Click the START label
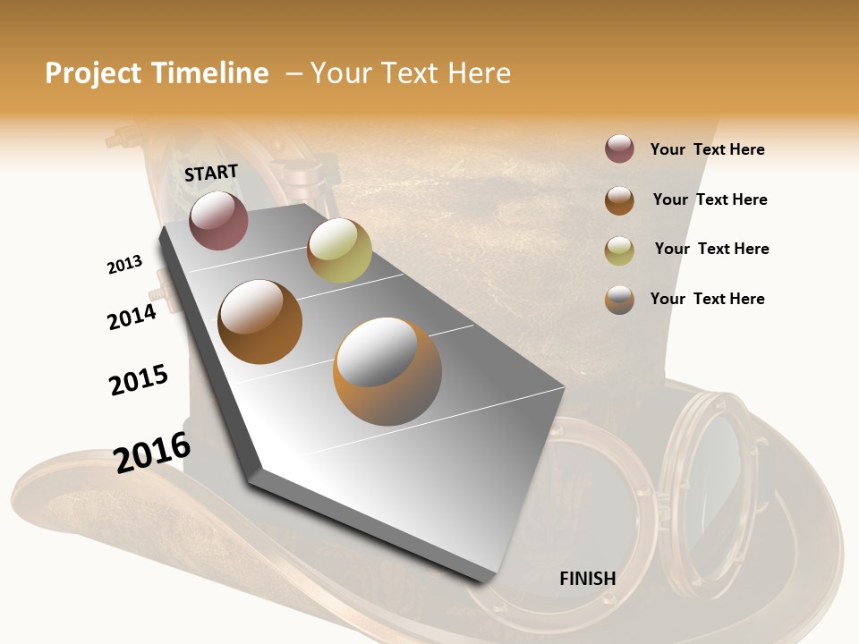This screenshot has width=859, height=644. coord(211,173)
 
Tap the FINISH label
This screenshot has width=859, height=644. coord(587,579)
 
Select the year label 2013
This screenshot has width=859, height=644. coord(124,265)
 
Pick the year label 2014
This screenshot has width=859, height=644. coord(132,317)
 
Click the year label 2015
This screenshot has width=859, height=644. coord(139,379)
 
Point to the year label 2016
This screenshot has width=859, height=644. coord(152,453)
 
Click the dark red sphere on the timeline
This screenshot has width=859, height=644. coord(218,220)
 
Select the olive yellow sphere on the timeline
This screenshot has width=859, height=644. coord(339,250)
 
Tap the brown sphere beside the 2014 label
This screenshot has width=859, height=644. coord(260,321)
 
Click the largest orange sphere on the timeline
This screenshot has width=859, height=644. coord(387,370)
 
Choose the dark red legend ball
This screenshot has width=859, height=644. coord(619,149)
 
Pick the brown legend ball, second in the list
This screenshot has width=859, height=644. coord(619,199)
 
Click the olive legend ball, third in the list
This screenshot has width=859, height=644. coord(619,250)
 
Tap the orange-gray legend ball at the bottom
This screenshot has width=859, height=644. coord(619,300)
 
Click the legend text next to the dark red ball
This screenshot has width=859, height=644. coord(707,149)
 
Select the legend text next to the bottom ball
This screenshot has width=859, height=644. coord(707,299)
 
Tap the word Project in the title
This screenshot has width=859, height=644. coord(93,73)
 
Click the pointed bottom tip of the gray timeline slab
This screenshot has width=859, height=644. coord(484,580)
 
